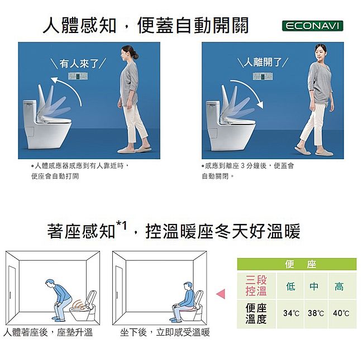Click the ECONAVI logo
click(312, 26)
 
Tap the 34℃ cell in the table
click(291, 313)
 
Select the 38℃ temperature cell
click(316, 313)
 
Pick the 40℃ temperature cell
click(341, 313)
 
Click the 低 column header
click(291, 286)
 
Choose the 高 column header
click(339, 286)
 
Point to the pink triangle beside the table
click(221, 294)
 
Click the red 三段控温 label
click(256, 286)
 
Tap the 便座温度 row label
click(256, 314)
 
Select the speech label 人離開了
click(263, 62)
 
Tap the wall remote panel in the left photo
click(78, 76)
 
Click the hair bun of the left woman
click(136, 56)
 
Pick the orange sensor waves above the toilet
click(79, 305)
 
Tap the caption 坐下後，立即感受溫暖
click(165, 332)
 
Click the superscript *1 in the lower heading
click(121, 226)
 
